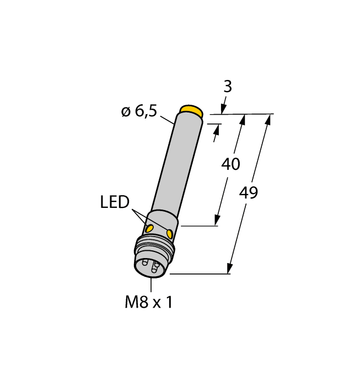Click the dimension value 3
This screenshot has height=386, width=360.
tap(227, 87)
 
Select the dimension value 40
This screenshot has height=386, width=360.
tap(230, 164)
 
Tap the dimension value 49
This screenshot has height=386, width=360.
tap(249, 193)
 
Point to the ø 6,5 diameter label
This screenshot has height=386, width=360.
tap(139, 111)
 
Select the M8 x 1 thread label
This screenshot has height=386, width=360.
tap(148, 302)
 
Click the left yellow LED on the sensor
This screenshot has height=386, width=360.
tap(149, 228)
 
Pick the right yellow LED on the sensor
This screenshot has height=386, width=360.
tap(169, 234)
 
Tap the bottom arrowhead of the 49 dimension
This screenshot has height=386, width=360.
tap(229, 269)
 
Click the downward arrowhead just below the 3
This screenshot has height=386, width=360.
tap(224, 109)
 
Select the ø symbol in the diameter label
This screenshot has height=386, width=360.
tap(126, 112)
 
